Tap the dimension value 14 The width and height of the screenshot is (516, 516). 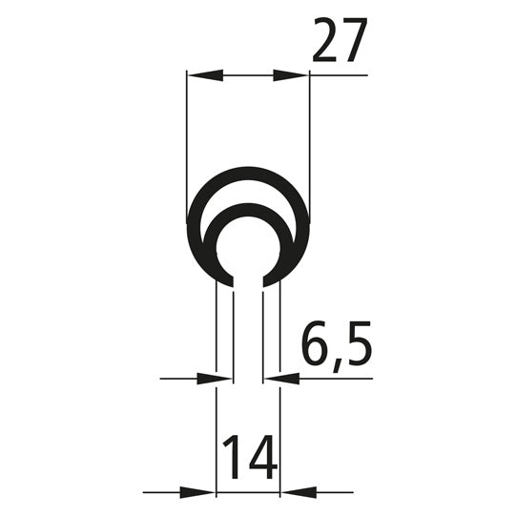pos(250,458)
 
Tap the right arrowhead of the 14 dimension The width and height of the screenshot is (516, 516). pos(297,493)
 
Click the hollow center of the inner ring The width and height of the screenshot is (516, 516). pos(248,250)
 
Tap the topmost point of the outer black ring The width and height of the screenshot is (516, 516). pos(248,168)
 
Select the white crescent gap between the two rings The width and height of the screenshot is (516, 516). pos(248,194)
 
